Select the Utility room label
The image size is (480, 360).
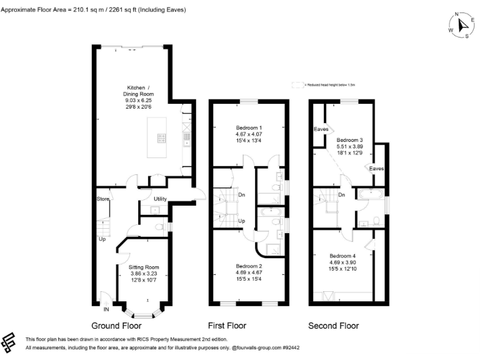[x=161, y=199]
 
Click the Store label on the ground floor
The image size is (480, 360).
[x=102, y=199]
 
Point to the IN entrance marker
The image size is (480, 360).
[x=106, y=309]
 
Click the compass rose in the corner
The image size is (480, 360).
[x=461, y=24]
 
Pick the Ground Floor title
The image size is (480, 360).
[x=116, y=326]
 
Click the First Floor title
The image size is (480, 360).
[x=227, y=326]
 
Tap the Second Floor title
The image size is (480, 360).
[x=334, y=326]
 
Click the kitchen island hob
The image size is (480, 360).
[x=161, y=139]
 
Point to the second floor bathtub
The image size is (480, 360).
[x=371, y=194]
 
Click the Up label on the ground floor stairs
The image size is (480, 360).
[x=102, y=239]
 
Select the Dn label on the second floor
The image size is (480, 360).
[x=342, y=194]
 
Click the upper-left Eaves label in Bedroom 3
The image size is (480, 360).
[x=321, y=129]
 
